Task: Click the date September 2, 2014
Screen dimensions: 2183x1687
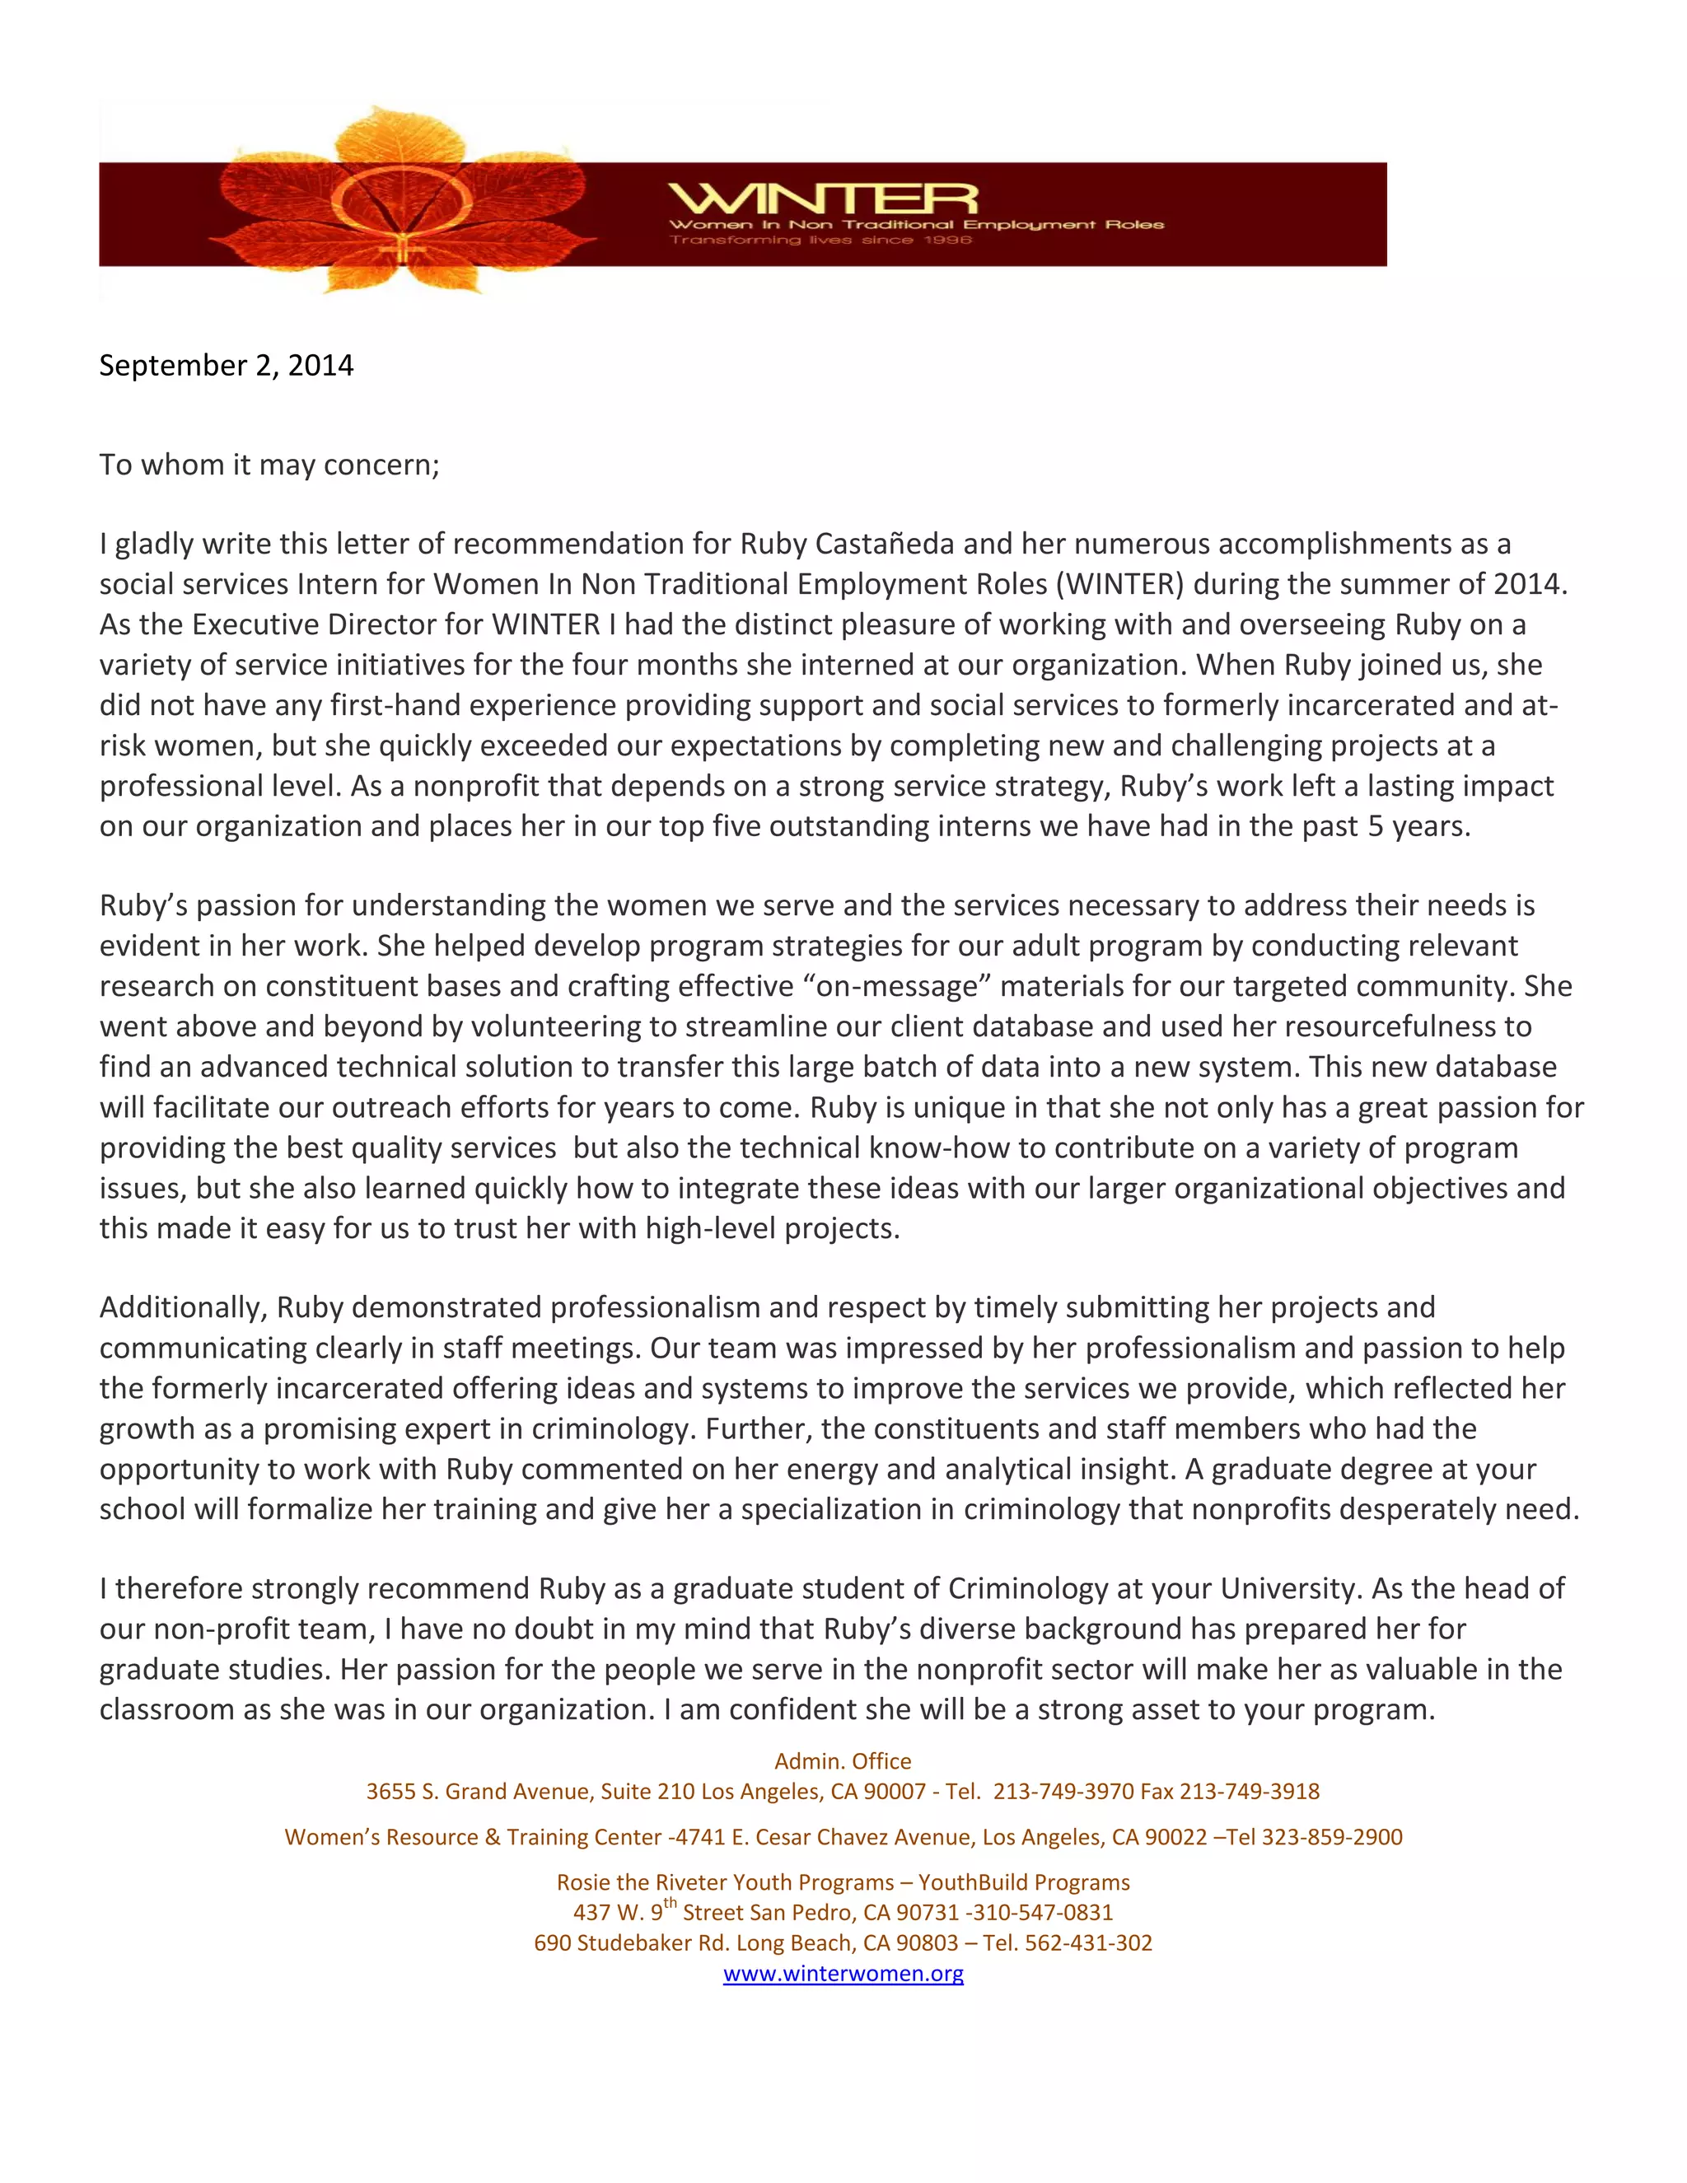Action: [x=226, y=366]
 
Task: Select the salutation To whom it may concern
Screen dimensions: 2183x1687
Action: [x=269, y=465]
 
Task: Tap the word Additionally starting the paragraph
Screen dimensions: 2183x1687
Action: [x=183, y=1307]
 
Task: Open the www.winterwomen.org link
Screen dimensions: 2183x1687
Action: [x=843, y=1973]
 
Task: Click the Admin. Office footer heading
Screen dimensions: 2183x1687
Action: [x=843, y=1761]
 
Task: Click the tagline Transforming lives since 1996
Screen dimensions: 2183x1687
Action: [x=820, y=240]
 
